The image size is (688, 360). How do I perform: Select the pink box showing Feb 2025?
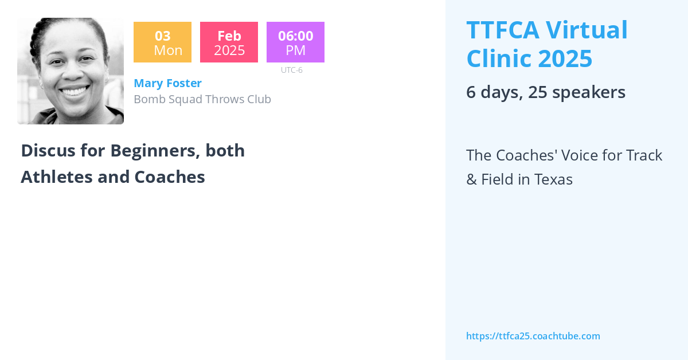[x=229, y=42]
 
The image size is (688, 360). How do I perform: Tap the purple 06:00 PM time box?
[x=295, y=42]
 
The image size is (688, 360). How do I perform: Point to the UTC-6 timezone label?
[x=291, y=70]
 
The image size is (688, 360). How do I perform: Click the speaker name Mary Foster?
[x=167, y=83]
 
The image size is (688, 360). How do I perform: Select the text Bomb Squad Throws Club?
[x=202, y=99]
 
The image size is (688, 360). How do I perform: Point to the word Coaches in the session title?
[x=170, y=177]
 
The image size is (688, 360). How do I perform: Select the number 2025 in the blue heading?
[x=563, y=58]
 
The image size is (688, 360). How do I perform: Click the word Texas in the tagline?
[x=553, y=179]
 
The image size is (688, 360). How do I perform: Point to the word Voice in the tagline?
[x=557, y=155]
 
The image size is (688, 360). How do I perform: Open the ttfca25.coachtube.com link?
[x=533, y=336]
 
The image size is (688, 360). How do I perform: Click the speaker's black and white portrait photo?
[x=71, y=71]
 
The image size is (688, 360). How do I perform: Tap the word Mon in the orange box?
[x=168, y=50]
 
